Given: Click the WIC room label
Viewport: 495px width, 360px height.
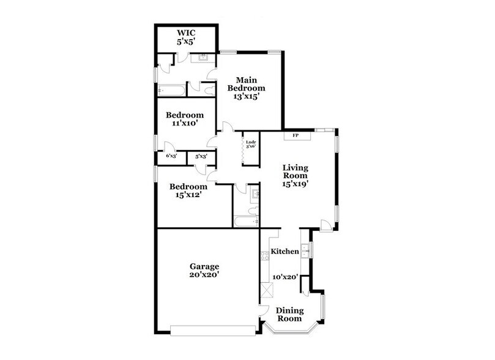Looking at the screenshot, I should tap(185, 33).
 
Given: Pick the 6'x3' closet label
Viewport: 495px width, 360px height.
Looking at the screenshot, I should tap(172, 156).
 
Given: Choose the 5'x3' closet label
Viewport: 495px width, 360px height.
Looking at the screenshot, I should tap(201, 156).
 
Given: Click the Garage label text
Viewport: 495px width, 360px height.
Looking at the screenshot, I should tap(204, 267).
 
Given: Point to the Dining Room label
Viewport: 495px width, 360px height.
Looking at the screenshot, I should tap(289, 315).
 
